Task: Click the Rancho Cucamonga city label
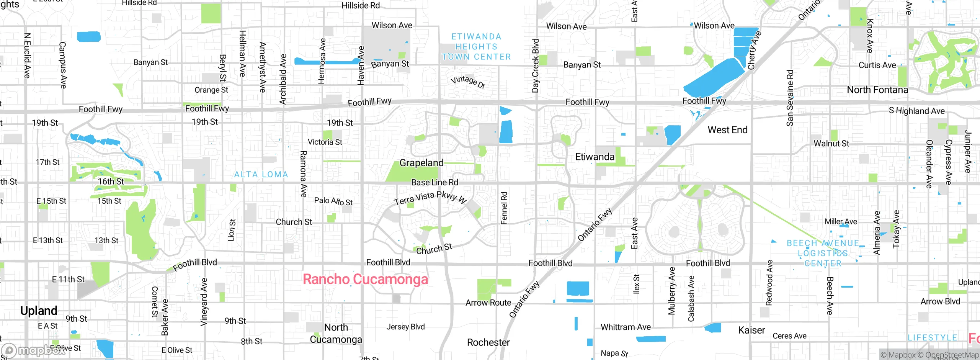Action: [365, 279]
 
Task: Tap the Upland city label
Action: [39, 311]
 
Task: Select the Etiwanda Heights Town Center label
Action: [476, 47]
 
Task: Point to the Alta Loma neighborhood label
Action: [261, 175]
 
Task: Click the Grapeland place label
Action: [421, 163]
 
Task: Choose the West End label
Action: [727, 130]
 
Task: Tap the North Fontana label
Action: [877, 90]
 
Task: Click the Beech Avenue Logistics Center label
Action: [823, 253]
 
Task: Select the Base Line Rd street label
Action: [434, 182]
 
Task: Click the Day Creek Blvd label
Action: [535, 65]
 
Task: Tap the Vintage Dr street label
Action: [468, 82]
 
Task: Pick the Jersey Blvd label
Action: [405, 327]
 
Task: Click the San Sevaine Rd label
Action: [790, 98]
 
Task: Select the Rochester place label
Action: [488, 342]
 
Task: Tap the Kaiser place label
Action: [751, 330]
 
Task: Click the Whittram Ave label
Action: [626, 327]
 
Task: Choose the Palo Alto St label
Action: [333, 201]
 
